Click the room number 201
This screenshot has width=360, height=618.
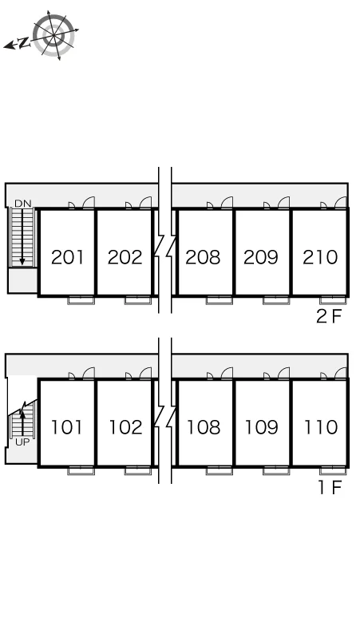[67, 257]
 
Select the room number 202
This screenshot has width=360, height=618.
[125, 257]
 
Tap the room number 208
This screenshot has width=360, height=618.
[203, 257]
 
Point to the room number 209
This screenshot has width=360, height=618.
[260, 257]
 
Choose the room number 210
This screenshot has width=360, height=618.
[320, 257]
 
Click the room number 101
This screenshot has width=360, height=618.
[67, 427]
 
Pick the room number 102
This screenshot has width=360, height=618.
[125, 427]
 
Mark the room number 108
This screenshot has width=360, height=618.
[204, 427]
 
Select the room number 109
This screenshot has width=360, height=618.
[261, 427]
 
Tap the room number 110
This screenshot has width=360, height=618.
[321, 427]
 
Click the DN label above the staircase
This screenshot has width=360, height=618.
[22, 204]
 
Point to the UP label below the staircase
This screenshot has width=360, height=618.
[22, 442]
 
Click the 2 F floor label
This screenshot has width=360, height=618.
[329, 316]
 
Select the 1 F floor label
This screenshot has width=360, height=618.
[330, 487]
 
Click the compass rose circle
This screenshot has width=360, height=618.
[54, 35]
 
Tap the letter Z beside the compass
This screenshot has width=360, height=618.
[25, 42]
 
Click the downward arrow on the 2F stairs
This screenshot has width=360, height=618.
[22, 236]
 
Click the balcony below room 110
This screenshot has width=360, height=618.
[333, 470]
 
